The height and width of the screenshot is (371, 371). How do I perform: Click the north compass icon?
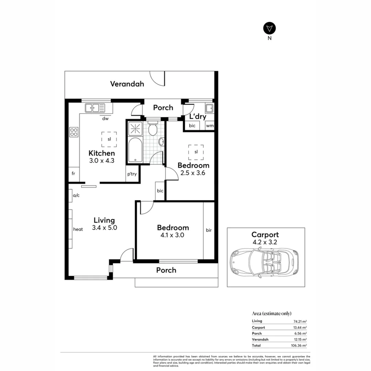pyautogui.click(x=270, y=28)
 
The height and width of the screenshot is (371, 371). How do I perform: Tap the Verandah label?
pyautogui.click(x=127, y=84)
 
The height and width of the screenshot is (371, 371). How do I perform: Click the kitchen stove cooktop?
pyautogui.click(x=74, y=132)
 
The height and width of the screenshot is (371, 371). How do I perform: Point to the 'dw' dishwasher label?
pyautogui.click(x=105, y=119)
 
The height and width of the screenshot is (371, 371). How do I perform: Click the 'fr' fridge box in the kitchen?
pyautogui.click(x=74, y=174)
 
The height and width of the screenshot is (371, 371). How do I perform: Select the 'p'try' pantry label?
pyautogui.click(x=132, y=174)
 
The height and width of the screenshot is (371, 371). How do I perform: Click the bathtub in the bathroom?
pyautogui.click(x=134, y=150)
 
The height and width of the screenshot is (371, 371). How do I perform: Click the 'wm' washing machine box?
pyautogui.click(x=210, y=126)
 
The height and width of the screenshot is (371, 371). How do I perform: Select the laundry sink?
pyautogui.click(x=209, y=108)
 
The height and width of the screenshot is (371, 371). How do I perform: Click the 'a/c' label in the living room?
pyautogui.click(x=76, y=195)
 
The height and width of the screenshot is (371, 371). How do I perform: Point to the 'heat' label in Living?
pyautogui.click(x=78, y=229)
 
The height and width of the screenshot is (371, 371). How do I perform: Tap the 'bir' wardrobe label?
pyautogui.click(x=209, y=230)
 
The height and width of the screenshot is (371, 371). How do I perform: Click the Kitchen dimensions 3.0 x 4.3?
pyautogui.click(x=102, y=160)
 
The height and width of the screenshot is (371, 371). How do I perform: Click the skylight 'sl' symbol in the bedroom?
pyautogui.click(x=196, y=152)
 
